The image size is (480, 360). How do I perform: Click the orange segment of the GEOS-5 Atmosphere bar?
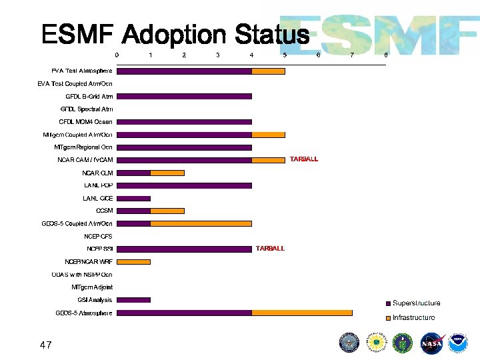coord(301,312)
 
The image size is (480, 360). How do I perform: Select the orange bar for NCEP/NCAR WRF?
coord(133,261)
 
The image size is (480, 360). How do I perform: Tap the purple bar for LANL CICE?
coord(133,198)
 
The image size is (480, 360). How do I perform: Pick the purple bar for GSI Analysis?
coord(133,299)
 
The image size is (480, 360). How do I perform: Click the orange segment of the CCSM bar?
coord(167,211)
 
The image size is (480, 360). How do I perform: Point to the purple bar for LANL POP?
coord(184,185)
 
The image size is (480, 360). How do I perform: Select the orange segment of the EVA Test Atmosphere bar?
coord(268,71)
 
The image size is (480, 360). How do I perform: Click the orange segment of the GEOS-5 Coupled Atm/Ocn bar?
coord(201,223)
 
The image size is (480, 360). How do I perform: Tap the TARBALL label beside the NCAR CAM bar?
coord(304,159)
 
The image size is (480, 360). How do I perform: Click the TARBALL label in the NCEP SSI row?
coord(270,249)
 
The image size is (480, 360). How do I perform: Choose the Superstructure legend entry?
coord(415,303)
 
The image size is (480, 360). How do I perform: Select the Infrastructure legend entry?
coord(413,318)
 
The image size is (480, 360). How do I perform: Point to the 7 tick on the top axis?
coord(352,55)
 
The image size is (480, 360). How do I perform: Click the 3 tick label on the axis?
coord(218,55)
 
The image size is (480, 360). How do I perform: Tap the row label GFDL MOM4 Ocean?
coord(86,122)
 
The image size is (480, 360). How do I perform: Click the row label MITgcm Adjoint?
coord(92,287)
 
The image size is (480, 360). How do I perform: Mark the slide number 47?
coord(45,345)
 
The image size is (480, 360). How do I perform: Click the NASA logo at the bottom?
coord(432,343)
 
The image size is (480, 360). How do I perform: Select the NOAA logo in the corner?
coord(458,343)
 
